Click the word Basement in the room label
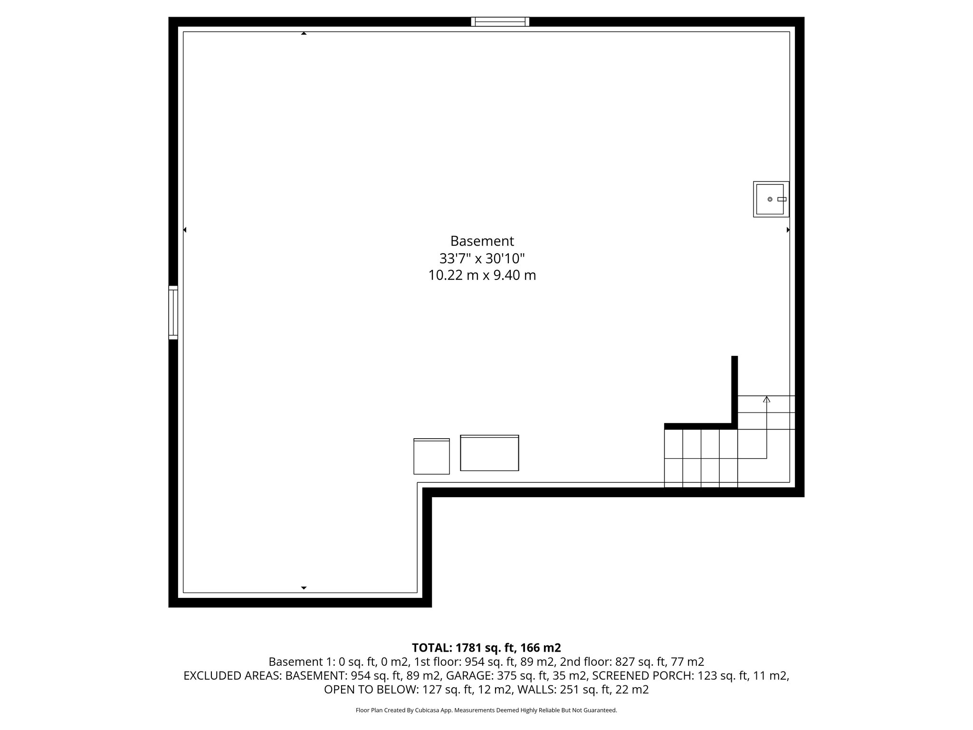pyautogui.click(x=482, y=241)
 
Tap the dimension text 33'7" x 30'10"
pyautogui.click(x=482, y=259)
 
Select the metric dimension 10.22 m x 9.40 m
pyautogui.click(x=482, y=275)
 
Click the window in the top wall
pyautogui.click(x=500, y=21)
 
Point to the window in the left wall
pyautogui.click(x=173, y=312)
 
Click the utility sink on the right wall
pyautogui.click(x=771, y=199)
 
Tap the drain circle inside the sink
pyautogui.click(x=770, y=199)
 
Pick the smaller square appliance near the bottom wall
pyautogui.click(x=431, y=456)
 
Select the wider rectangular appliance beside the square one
pyautogui.click(x=489, y=453)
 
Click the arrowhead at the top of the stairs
pyautogui.click(x=766, y=399)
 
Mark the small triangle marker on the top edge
pyautogui.click(x=304, y=33)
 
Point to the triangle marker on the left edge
pyautogui.click(x=185, y=230)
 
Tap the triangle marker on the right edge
pyautogui.click(x=788, y=230)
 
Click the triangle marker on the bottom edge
pyautogui.click(x=304, y=588)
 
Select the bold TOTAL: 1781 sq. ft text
pyautogui.click(x=486, y=648)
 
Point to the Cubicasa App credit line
pyautogui.click(x=486, y=711)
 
